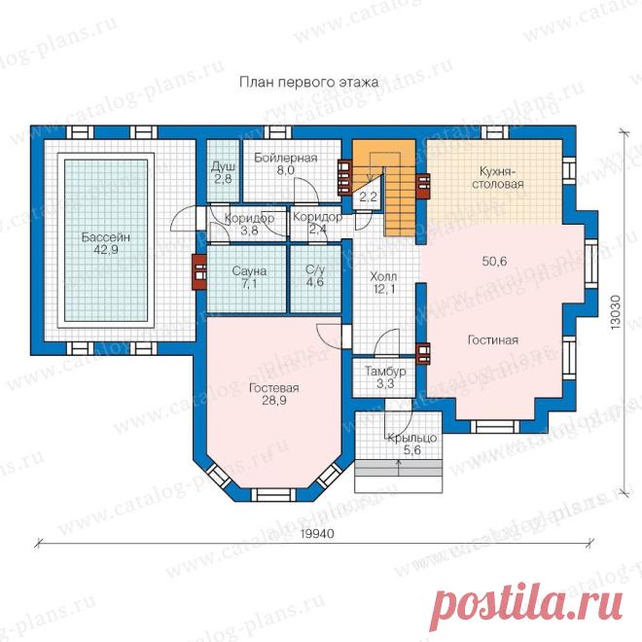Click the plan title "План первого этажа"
308,83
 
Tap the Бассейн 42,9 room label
106,243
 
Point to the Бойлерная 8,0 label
285,163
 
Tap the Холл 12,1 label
383,283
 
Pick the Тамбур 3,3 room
384,377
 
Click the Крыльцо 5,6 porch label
411,445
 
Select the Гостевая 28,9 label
274,394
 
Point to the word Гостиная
493,339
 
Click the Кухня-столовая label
498,177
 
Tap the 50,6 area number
494,261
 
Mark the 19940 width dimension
317,534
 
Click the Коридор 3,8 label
249,224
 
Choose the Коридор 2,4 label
318,223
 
